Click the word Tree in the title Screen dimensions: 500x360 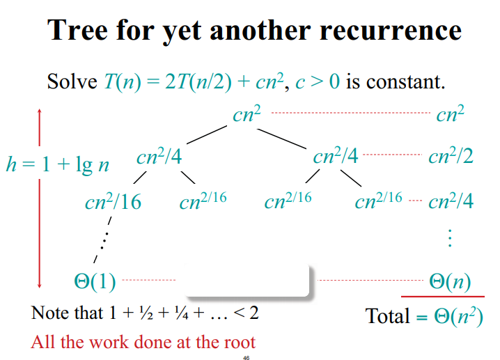(x=78, y=31)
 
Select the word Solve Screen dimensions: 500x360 (x=72, y=82)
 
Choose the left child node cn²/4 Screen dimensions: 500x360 (x=159, y=157)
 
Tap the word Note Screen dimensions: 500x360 (x=50, y=313)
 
